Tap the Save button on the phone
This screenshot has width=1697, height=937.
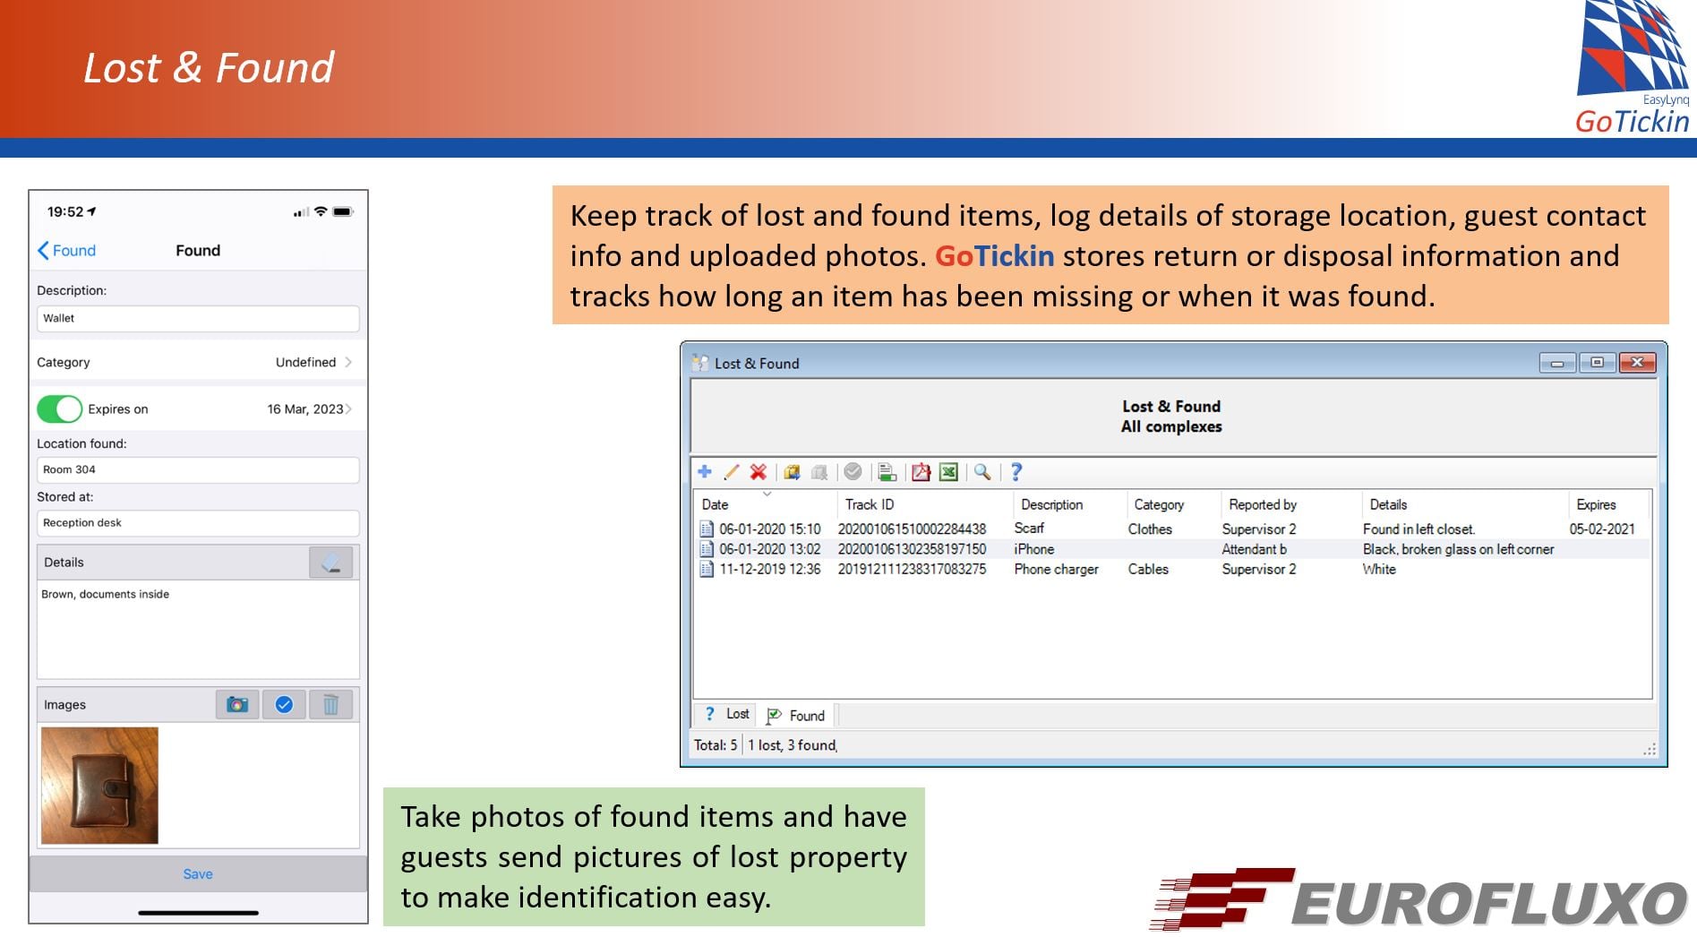(198, 873)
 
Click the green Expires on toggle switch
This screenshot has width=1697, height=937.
(59, 409)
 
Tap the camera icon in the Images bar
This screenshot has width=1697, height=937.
(237, 705)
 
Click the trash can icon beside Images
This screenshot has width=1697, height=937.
(330, 705)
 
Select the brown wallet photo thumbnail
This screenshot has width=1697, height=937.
(99, 786)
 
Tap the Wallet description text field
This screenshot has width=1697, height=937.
(198, 318)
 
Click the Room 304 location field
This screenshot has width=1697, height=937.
(198, 469)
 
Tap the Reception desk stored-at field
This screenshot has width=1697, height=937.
(198, 523)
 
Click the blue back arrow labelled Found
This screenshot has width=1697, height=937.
(66, 251)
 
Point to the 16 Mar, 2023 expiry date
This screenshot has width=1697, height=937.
(304, 409)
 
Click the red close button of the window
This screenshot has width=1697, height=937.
(1637, 363)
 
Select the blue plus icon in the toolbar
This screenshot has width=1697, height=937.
(705, 472)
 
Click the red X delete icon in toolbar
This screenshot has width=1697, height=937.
(759, 472)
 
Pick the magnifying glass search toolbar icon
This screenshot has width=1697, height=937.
(982, 472)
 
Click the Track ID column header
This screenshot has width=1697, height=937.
(870, 505)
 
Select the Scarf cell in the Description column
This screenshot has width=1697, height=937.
(1029, 529)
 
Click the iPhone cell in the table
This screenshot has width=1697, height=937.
(1033, 549)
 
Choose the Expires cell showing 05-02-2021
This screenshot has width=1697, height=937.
(1602, 529)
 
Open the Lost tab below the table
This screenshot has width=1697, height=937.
(726, 714)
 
